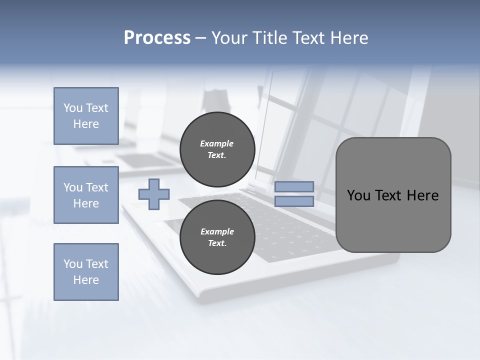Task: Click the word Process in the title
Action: (157, 38)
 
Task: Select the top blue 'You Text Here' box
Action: (86, 116)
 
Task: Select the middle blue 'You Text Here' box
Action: (86, 195)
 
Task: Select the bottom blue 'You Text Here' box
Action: (86, 272)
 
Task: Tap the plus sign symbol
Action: (154, 194)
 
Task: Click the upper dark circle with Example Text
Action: (217, 149)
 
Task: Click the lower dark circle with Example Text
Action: (217, 237)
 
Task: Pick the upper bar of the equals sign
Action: (294, 187)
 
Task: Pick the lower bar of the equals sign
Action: (294, 201)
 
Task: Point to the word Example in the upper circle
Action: (217, 143)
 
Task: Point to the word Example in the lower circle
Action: (217, 231)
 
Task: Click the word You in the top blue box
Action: (72, 108)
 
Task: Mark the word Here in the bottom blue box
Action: (86, 280)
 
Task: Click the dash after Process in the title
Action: (201, 38)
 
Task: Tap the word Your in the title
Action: (228, 38)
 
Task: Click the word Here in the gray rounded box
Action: (422, 195)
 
